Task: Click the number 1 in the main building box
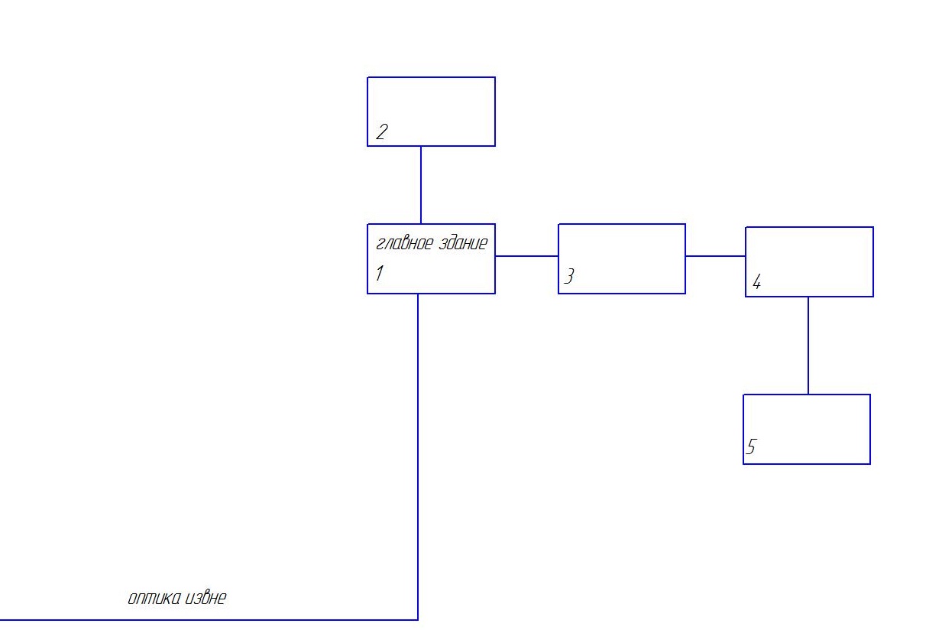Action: pos(379,273)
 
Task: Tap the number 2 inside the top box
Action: pos(381,132)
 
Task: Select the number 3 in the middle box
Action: pos(568,277)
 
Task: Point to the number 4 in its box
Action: pos(756,283)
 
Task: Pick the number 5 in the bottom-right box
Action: pos(751,447)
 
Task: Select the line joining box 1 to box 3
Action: pos(526,255)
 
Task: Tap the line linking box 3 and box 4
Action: pos(715,255)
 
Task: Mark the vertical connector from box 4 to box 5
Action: pos(808,346)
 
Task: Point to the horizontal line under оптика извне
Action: pos(206,619)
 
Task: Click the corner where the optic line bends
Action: pos(418,619)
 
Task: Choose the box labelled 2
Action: pos(431,111)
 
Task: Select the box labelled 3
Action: pos(622,258)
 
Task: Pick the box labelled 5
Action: pos(807,429)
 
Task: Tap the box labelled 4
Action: pos(809,261)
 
